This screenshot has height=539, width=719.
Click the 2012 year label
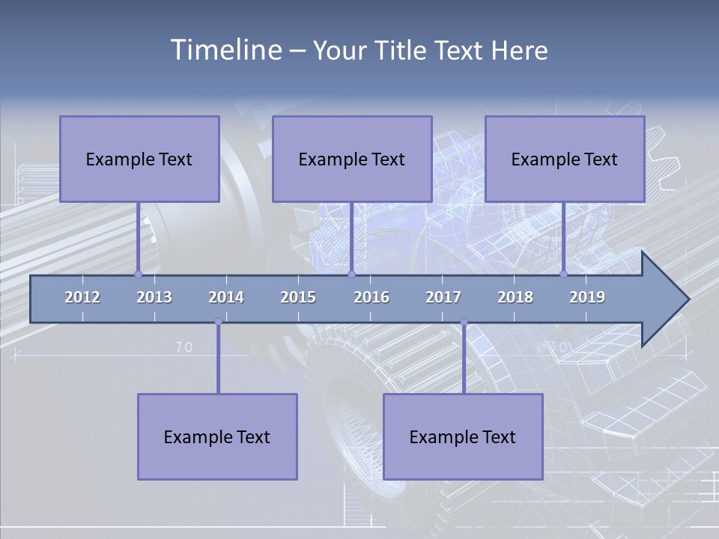tap(82, 297)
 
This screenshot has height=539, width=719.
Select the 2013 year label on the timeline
tap(154, 297)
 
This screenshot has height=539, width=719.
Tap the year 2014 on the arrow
tap(226, 297)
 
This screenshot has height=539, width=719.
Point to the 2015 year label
tap(298, 297)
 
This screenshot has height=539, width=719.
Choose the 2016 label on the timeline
tap(371, 297)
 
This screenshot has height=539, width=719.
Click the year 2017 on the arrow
tap(443, 297)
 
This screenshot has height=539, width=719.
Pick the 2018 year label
tap(515, 297)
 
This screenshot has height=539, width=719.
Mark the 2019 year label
tap(587, 297)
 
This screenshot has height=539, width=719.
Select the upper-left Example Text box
tap(139, 159)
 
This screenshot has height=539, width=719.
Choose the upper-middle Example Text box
tap(352, 159)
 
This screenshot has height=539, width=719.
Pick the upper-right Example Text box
tap(565, 159)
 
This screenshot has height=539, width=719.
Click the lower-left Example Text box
tap(217, 436)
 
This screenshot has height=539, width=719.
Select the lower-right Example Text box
tap(463, 436)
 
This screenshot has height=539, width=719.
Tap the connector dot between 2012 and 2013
tap(138, 274)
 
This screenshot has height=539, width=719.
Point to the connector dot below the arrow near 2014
tap(218, 322)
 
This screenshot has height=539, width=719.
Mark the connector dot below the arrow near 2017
tap(464, 322)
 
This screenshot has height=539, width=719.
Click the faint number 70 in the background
tap(184, 347)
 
